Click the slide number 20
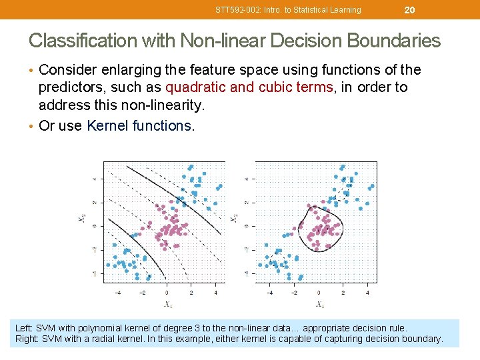click(x=410, y=9)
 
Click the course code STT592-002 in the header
click(x=237, y=10)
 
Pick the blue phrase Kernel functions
click(x=139, y=126)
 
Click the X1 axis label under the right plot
click(x=320, y=305)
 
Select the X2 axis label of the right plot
click(x=234, y=219)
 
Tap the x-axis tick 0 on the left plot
click(x=167, y=292)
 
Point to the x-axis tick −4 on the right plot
click(x=269, y=292)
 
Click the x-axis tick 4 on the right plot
click(x=367, y=292)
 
